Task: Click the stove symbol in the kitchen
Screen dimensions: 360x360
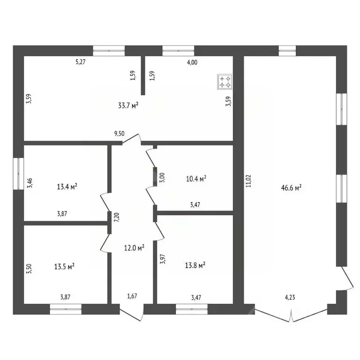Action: click(x=225, y=82)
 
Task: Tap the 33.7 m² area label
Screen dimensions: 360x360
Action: click(x=128, y=105)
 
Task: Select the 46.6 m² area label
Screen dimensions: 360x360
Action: click(x=291, y=188)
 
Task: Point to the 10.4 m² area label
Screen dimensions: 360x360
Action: click(x=196, y=179)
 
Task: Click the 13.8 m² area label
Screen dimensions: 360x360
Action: click(x=195, y=265)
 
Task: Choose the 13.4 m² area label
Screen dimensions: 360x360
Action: click(x=67, y=187)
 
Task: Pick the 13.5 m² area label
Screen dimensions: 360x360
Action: click(x=64, y=267)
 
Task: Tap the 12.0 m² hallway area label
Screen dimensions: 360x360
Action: click(x=135, y=247)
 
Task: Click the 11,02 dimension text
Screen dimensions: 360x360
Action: click(x=248, y=181)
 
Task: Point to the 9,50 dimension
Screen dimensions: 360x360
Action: click(x=120, y=134)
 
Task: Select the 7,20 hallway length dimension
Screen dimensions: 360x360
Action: click(x=117, y=217)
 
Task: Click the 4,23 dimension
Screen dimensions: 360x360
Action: click(x=290, y=298)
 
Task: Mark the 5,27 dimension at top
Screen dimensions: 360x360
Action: click(x=81, y=62)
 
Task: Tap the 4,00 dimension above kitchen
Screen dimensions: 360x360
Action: click(x=192, y=62)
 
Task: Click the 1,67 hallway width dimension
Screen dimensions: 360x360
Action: click(x=132, y=296)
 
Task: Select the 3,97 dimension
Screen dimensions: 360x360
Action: click(x=163, y=259)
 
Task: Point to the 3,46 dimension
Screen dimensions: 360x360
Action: click(x=30, y=183)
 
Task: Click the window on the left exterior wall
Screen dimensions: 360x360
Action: click(x=18, y=173)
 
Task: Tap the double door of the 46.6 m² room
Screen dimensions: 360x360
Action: click(x=291, y=315)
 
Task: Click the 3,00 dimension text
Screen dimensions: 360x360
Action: click(x=162, y=178)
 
